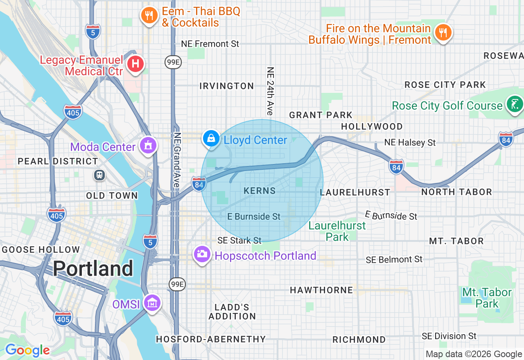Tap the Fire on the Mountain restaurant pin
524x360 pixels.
click(443, 32)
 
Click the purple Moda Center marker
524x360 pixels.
click(147, 146)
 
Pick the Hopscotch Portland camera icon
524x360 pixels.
click(201, 254)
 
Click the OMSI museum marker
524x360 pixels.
click(152, 303)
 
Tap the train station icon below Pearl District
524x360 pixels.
click(99, 175)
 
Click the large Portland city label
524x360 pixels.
click(93, 269)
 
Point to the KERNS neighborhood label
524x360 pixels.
click(260, 191)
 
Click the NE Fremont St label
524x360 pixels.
click(210, 44)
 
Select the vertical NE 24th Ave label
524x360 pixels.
click(270, 91)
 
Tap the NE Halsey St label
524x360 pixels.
click(410, 142)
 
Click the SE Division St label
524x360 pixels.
click(449, 336)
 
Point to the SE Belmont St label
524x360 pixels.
click(394, 259)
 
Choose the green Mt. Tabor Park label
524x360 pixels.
click(487, 298)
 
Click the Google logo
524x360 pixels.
click(27, 350)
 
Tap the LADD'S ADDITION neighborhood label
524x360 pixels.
click(232, 312)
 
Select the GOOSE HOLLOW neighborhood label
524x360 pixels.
click(41, 250)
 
